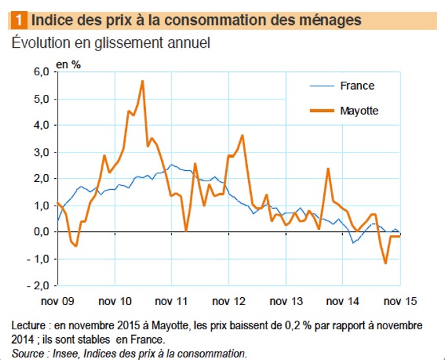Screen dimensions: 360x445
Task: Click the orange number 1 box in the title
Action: pos(19,20)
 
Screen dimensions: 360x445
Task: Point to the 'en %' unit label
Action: pos(68,64)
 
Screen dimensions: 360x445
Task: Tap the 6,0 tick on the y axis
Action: pos(41,72)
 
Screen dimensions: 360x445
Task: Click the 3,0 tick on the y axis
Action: pos(41,153)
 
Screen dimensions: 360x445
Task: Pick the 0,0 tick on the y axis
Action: pos(41,232)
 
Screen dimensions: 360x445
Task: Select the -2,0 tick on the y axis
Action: pos(39,286)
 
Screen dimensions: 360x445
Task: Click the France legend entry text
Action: pos(357,86)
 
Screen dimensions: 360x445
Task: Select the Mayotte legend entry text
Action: pos(359,111)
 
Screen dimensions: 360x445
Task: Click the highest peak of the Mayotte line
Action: pos(143,81)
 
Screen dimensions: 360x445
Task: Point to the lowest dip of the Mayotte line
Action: pos(386,263)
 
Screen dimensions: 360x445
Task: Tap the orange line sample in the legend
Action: pos(321,111)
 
